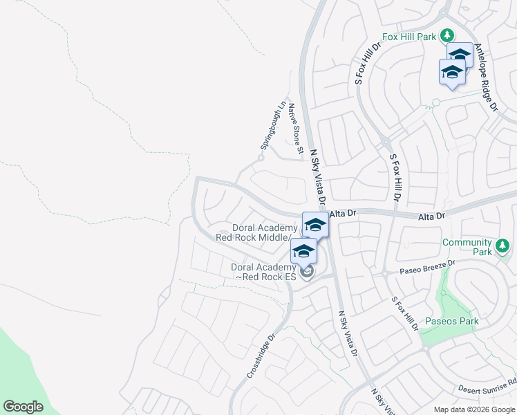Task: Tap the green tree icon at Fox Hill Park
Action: (447, 35)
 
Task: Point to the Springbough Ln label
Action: (272, 126)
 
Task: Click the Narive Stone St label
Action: (296, 128)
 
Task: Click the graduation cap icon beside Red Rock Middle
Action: (315, 225)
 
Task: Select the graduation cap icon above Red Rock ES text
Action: (303, 251)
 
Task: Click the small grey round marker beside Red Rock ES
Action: (308, 270)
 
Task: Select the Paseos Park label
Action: (451, 321)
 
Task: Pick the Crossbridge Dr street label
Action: (261, 356)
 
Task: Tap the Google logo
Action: (23, 407)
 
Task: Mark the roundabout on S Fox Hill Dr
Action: (384, 141)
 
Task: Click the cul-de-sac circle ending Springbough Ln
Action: (261, 158)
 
